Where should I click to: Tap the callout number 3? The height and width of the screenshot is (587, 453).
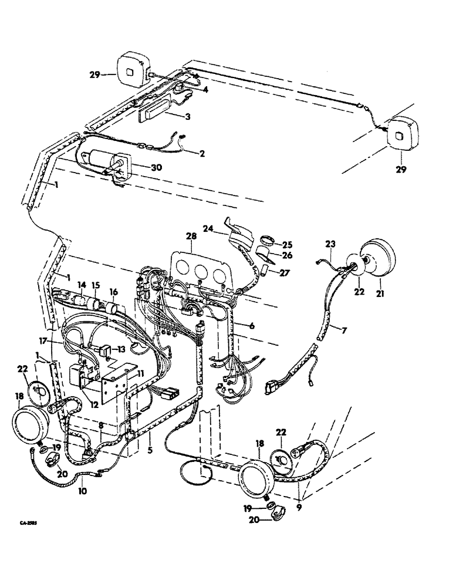click(187, 117)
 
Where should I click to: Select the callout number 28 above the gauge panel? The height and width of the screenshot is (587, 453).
click(191, 235)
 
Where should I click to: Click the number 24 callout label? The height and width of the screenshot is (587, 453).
click(208, 230)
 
